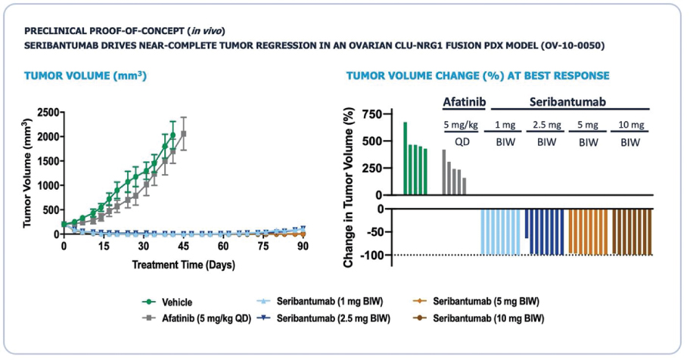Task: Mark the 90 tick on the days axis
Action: coord(303,247)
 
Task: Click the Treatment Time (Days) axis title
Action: coord(183,265)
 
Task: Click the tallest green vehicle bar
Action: coord(406,157)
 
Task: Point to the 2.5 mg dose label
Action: coord(545,125)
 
